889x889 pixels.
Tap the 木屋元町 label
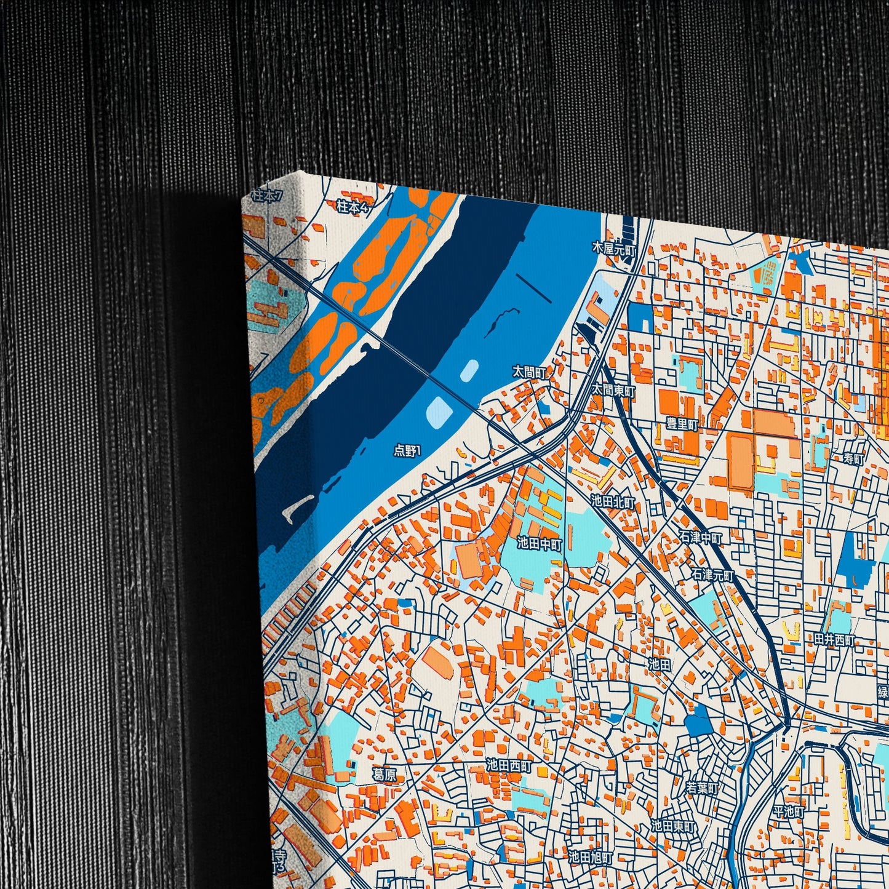click(x=612, y=249)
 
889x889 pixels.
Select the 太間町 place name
click(x=530, y=372)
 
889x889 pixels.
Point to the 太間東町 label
click(x=613, y=389)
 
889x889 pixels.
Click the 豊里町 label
click(x=682, y=425)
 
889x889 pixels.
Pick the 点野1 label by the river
click(x=407, y=451)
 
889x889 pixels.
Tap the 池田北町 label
click(x=613, y=501)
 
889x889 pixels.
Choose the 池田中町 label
click(x=539, y=543)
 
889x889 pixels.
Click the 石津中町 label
click(x=700, y=537)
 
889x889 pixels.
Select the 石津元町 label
click(x=712, y=575)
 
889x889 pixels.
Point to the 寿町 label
click(x=854, y=458)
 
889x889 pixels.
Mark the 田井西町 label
click(x=834, y=640)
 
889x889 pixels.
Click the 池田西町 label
click(x=508, y=765)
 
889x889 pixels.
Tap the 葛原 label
click(x=385, y=775)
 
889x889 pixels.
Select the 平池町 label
click(x=789, y=811)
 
